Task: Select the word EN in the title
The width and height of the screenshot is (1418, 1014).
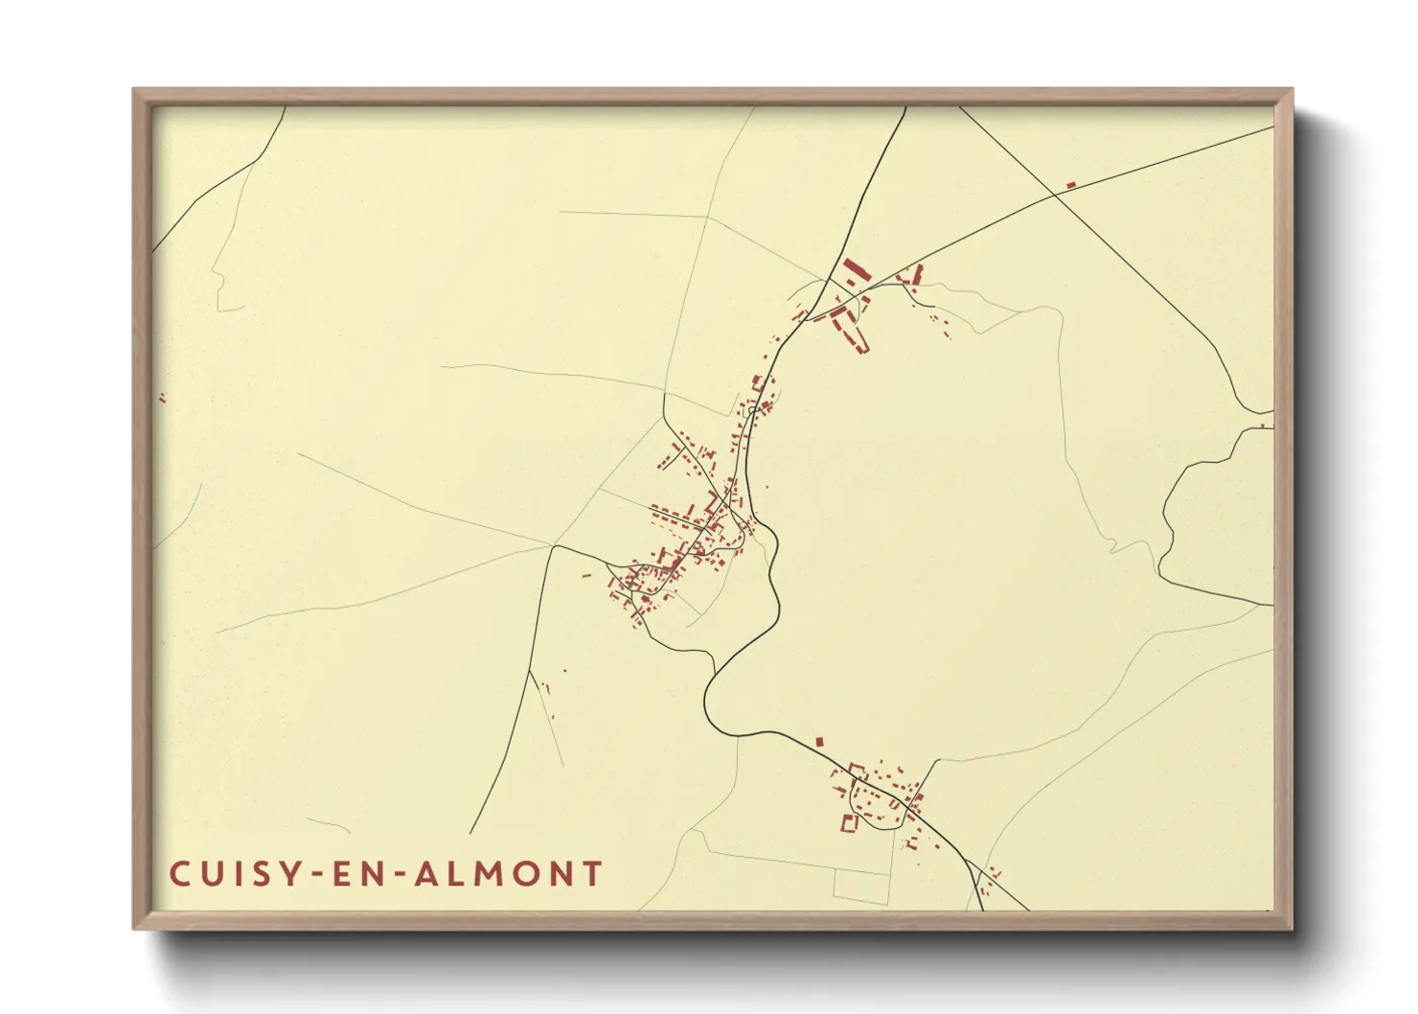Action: click(354, 874)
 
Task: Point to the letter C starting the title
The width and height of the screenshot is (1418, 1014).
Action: click(179, 874)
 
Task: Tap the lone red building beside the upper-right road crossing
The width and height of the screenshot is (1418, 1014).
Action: click(1071, 184)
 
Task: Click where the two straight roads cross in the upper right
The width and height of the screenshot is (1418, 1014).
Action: click(1054, 195)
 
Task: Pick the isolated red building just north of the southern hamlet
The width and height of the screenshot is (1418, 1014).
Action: click(819, 741)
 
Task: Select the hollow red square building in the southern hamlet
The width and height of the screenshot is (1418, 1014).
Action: click(848, 822)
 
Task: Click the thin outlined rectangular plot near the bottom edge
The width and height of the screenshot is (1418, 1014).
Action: click(861, 887)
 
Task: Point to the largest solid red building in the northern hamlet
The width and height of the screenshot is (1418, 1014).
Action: click(855, 269)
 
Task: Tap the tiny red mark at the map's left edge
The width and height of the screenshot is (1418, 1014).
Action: click(162, 398)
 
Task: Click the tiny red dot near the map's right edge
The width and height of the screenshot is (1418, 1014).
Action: click(1263, 426)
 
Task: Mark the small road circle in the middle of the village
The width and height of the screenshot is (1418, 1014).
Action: click(754, 410)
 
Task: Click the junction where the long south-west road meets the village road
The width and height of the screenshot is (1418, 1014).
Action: click(555, 546)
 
